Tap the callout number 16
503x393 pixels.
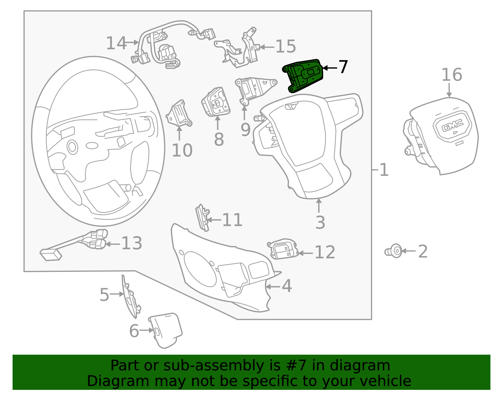coord(451,75)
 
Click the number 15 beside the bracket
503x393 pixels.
coord(285,47)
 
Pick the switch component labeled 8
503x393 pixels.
coord(216,102)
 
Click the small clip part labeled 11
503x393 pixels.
coord(202,217)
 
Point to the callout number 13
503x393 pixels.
coord(131,243)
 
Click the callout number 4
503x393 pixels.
coord(286,286)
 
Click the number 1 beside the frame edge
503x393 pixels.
coord(384,170)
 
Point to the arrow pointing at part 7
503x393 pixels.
coord(329,68)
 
